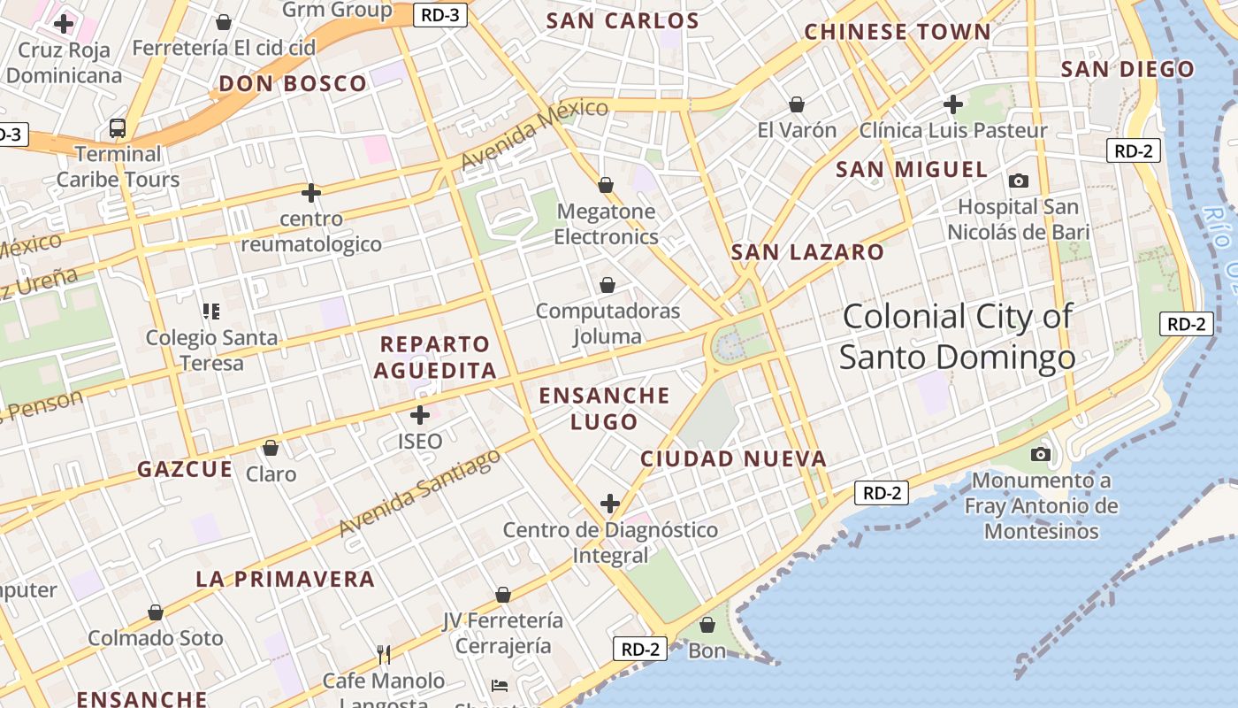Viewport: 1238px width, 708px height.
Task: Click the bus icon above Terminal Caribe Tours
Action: pos(118,128)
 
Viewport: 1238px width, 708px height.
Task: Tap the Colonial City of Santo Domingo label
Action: pos(957,337)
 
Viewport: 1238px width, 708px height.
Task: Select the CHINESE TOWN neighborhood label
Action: pos(898,32)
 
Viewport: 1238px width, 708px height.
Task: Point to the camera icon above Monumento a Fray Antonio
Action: pos(1041,454)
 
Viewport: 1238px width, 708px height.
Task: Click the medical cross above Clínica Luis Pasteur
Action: pos(952,104)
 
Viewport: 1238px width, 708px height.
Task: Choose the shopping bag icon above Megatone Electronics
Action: pos(606,185)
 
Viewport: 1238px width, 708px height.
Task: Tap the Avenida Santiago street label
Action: pos(420,493)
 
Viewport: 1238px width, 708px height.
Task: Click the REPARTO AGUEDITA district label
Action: pos(435,357)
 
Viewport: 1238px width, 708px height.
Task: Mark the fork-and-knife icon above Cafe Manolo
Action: pos(384,655)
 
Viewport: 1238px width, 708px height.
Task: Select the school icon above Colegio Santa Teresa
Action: pos(211,311)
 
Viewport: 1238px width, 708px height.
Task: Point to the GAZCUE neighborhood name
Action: pos(185,469)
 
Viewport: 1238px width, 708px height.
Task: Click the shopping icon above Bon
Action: pos(707,626)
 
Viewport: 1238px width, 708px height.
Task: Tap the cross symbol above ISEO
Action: pos(420,414)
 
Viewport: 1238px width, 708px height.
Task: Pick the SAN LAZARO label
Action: pos(807,252)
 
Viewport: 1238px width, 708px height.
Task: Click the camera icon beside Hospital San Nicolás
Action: pos(1019,181)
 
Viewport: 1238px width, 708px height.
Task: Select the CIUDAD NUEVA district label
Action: pos(733,458)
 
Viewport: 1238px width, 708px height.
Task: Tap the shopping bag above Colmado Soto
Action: pos(156,612)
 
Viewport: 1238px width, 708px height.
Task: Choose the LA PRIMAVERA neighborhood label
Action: pos(285,580)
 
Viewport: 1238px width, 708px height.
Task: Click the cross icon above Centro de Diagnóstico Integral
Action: pos(610,504)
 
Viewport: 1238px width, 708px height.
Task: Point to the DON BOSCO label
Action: pos(292,84)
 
